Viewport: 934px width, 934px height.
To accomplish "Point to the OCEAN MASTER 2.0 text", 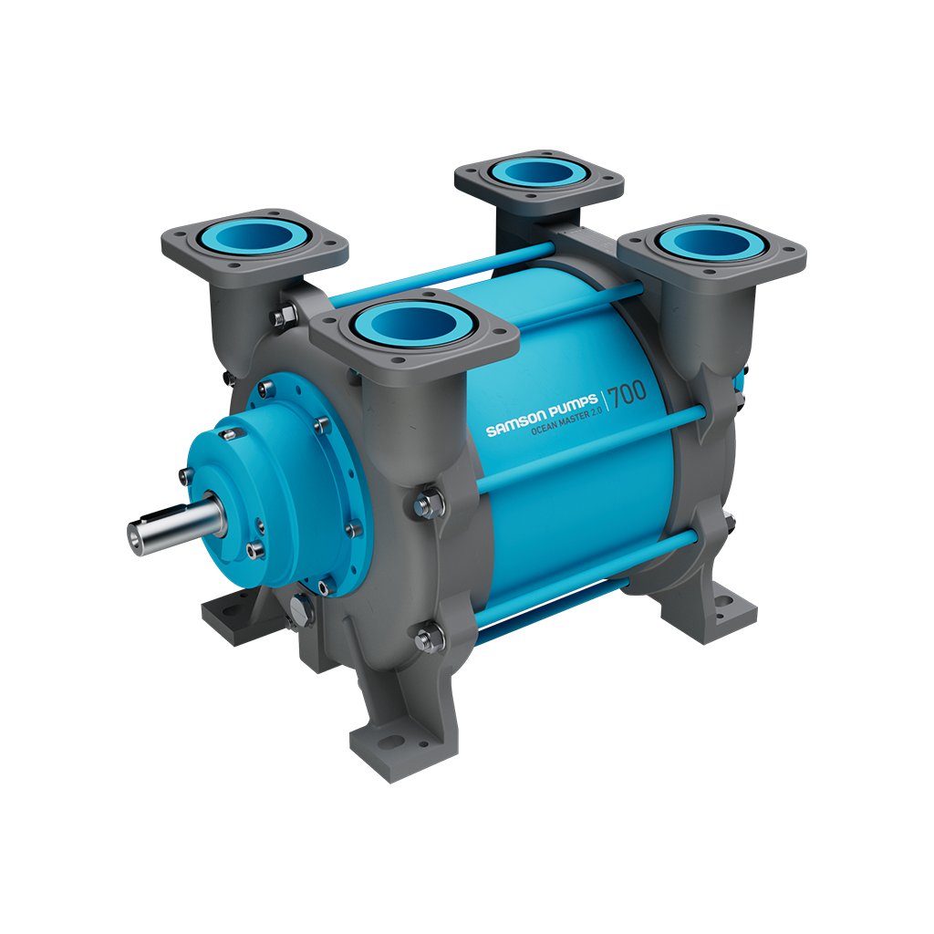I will coord(565,425).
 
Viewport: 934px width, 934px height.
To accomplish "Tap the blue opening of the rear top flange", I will coord(539,172).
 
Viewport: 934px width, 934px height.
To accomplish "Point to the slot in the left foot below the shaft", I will coord(223,613).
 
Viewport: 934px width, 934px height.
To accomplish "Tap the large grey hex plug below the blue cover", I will coord(299,609).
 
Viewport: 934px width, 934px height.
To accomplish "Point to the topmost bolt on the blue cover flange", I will coord(264,390).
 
